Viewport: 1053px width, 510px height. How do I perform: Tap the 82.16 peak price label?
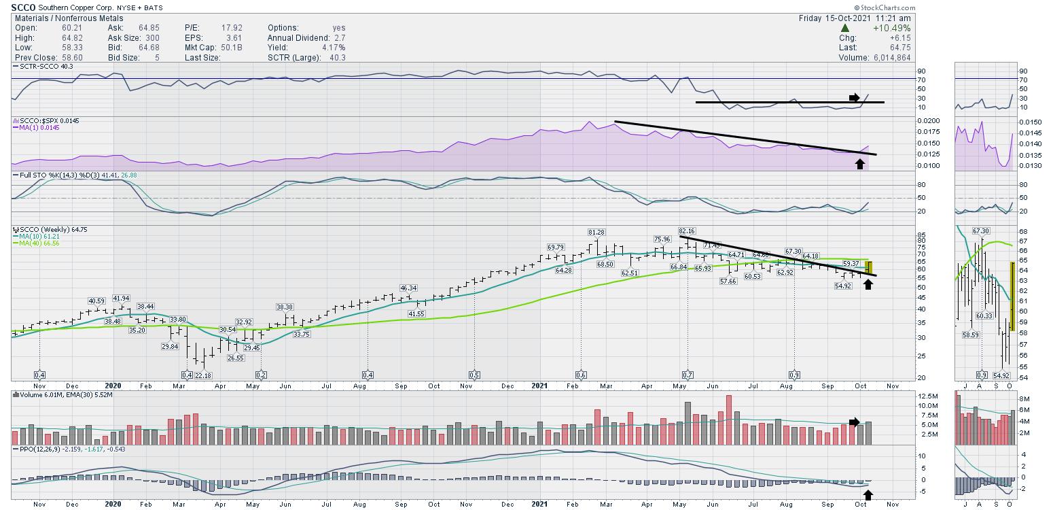687,232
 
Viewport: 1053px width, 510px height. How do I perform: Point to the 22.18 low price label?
203,375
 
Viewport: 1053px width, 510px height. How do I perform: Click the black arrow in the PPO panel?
867,494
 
